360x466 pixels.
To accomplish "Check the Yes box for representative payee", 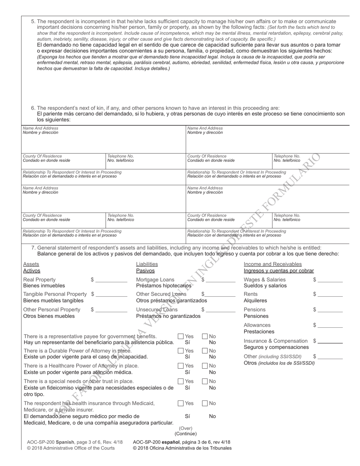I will (x=181, y=336).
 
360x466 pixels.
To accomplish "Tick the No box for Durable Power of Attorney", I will (x=205, y=351).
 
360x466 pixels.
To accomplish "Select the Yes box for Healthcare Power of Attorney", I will (x=181, y=366).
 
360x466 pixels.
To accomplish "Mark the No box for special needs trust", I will (x=205, y=381).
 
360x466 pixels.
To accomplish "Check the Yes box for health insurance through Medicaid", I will (x=181, y=403).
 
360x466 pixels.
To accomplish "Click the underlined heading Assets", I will (x=31, y=264).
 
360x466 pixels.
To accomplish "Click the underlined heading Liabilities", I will (x=147, y=264).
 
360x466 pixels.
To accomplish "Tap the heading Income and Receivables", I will (x=273, y=264).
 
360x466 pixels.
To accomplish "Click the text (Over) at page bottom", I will (x=186, y=428).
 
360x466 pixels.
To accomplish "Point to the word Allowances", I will (x=257, y=325).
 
